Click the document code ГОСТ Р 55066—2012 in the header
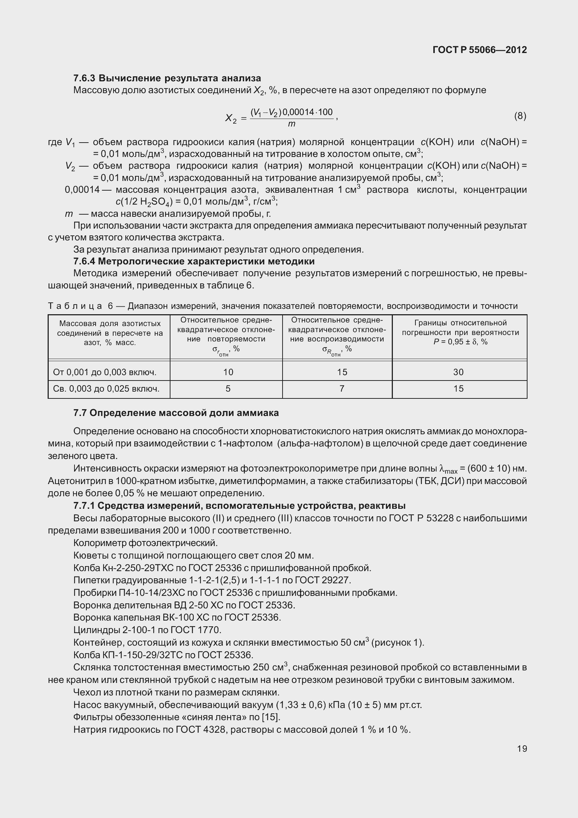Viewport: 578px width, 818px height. coord(480,50)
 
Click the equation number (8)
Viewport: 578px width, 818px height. coord(520,116)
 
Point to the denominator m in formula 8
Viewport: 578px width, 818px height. coord(292,124)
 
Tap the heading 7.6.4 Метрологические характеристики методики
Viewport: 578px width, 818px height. coord(194,261)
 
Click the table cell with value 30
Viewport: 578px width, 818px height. coord(458,372)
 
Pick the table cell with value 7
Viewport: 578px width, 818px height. coord(342,388)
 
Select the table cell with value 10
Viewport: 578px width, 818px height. coord(228,372)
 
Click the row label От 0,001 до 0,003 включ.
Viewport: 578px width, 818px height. coord(105,372)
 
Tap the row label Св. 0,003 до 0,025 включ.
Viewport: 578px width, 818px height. coord(106,389)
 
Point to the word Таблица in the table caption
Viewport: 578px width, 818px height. coord(76,306)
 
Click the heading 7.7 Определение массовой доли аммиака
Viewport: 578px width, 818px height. coord(176,413)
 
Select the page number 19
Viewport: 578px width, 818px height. coord(522,749)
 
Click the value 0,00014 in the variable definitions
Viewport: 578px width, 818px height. coord(82,190)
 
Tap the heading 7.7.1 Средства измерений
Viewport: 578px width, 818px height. coord(239,506)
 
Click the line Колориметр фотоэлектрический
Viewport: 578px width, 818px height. coord(145,543)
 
